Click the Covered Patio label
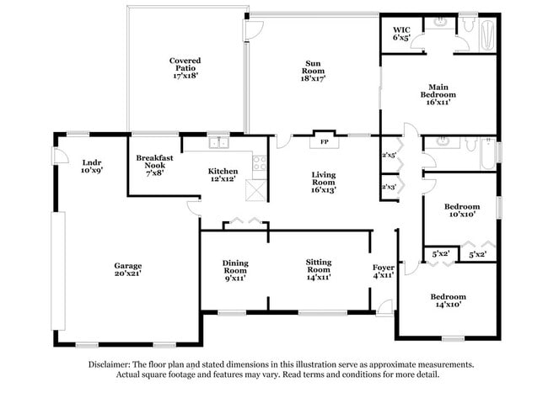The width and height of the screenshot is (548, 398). [184, 67]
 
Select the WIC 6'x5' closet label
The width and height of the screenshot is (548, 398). [400, 33]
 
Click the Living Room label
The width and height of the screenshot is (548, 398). [324, 182]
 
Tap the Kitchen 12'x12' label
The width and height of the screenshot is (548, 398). [223, 176]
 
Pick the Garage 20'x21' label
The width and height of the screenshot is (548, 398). [128, 270]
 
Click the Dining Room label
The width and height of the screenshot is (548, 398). [235, 270]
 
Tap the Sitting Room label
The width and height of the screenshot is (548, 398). [318, 270]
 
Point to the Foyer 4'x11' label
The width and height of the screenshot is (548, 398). [384, 271]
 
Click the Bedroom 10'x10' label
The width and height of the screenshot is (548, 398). [462, 210]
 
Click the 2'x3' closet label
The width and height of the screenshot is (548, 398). [389, 187]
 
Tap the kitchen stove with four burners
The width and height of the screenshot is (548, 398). [259, 162]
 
